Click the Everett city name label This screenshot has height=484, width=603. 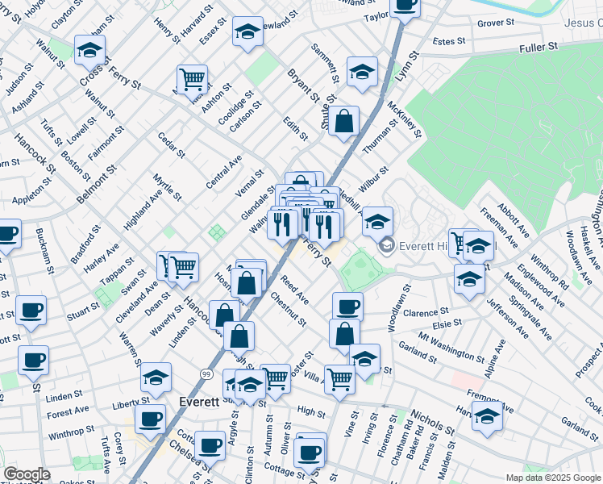pos(198,402)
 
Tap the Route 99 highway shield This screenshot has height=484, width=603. pos(206,374)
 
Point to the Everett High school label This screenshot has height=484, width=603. pos(418,245)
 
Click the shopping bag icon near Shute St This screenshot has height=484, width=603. pos(343,122)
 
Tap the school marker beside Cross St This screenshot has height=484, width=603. pos(90,52)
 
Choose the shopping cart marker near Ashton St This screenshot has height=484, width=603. pos(192,80)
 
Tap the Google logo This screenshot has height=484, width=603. pos(27,474)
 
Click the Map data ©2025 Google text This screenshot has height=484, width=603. pos(552,478)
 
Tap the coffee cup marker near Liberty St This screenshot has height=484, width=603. pos(151,419)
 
